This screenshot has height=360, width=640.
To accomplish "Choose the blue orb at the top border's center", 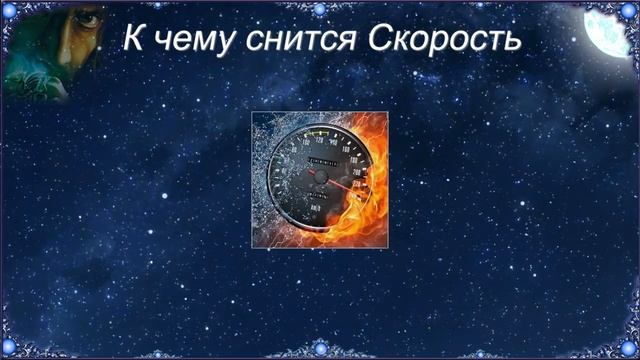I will [320, 9].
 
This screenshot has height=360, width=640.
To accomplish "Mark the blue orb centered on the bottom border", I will [320, 350].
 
